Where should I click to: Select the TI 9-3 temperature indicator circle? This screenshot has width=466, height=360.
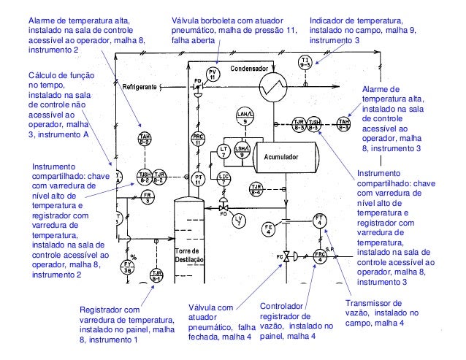[306, 61]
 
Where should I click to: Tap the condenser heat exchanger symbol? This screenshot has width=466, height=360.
[271, 90]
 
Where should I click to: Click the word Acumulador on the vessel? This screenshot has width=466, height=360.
[284, 156]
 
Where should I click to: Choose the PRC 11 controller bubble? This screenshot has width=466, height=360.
[198, 140]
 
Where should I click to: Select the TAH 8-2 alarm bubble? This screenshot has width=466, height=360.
[145, 140]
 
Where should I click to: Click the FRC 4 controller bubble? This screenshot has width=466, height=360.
[319, 256]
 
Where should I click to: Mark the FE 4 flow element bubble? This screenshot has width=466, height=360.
[269, 229]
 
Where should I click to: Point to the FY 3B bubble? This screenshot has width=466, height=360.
[128, 267]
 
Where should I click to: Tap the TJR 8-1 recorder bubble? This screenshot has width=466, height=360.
[156, 276]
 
